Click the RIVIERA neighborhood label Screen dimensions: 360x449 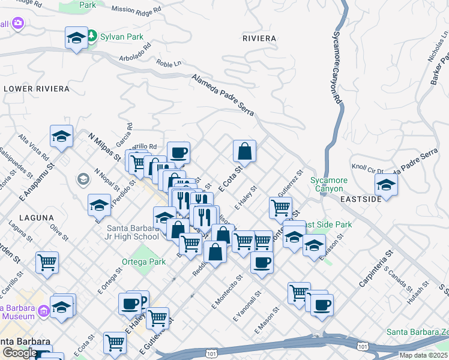tap(259, 38)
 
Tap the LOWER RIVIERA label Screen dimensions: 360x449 tap(36, 89)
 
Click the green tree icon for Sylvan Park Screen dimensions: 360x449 tap(92, 37)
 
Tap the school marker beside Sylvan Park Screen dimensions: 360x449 tap(76, 38)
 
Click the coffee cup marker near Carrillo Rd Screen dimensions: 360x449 tap(178, 152)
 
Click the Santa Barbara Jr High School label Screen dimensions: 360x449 tap(133, 232)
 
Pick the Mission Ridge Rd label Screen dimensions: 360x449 tap(137, 10)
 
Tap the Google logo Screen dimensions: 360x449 tap(19, 352)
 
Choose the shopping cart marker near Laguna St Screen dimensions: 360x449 tap(47, 262)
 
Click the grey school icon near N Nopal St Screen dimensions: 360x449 tap(83, 179)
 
